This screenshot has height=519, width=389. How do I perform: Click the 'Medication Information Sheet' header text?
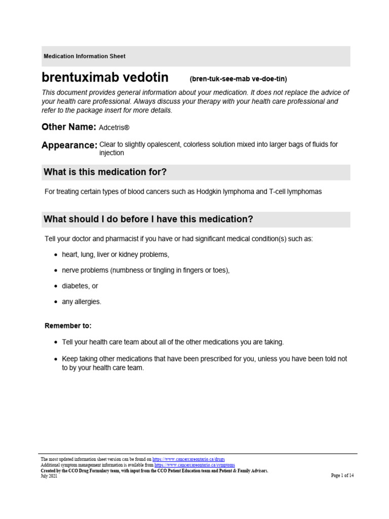pyautogui.click(x=84, y=56)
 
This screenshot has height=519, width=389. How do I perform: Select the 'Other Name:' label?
pyautogui.click(x=69, y=127)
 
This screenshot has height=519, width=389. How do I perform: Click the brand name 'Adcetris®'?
pyautogui.click(x=118, y=127)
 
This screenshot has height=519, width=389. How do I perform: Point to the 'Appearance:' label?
pyautogui.click(x=69, y=145)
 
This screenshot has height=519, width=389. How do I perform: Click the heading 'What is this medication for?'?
pyautogui.click(x=105, y=172)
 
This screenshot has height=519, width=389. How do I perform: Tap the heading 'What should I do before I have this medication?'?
pyautogui.click(x=148, y=219)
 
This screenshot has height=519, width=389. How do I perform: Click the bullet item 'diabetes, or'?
pyautogui.click(x=80, y=286)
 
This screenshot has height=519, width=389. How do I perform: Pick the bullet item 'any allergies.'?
pyautogui.click(x=82, y=302)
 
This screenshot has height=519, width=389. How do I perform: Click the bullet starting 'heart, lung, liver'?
pyautogui.click(x=115, y=254)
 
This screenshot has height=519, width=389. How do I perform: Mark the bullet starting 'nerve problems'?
pyautogui.click(x=145, y=270)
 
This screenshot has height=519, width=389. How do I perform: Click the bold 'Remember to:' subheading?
pyautogui.click(x=68, y=325)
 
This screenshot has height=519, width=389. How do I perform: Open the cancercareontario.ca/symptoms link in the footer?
pyautogui.click(x=194, y=464)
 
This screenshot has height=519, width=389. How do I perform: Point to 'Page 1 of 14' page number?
pyautogui.click(x=342, y=475)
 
